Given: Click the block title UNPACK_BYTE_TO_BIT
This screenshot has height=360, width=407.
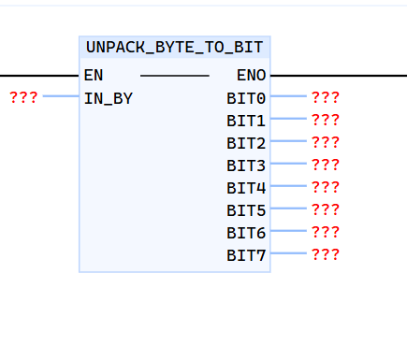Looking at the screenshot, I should point(175,46).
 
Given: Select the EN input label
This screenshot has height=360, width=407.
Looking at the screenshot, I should point(94,75).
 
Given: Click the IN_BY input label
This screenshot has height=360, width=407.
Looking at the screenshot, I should point(109,97).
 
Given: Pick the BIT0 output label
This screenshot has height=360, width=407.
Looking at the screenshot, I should point(246,97).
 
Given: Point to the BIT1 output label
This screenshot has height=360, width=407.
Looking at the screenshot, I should point(246,120).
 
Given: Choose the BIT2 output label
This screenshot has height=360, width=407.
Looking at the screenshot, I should point(246,142).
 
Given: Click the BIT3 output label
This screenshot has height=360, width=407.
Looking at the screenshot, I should point(246,165).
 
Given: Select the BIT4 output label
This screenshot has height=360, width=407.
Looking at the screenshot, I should point(246,187).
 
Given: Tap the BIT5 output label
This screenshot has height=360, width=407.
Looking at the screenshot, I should point(246,209).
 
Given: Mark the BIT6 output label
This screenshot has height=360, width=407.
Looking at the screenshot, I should point(246,232).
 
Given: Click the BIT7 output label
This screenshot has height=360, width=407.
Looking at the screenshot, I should point(246,254).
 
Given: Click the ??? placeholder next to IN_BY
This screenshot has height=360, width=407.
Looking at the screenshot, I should point(23,96).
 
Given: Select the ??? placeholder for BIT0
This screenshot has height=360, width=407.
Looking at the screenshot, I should point(325,96).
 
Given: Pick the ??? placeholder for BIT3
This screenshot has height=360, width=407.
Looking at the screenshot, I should point(325,164).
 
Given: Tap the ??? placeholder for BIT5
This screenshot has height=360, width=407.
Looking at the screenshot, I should point(325,209).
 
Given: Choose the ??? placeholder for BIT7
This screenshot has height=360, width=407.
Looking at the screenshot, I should point(325,253).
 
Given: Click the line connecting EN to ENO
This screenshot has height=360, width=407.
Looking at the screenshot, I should point(175,75).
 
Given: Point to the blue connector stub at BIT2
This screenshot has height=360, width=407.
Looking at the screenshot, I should point(288,141).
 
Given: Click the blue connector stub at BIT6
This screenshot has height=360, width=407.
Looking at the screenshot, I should point(288,231).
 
